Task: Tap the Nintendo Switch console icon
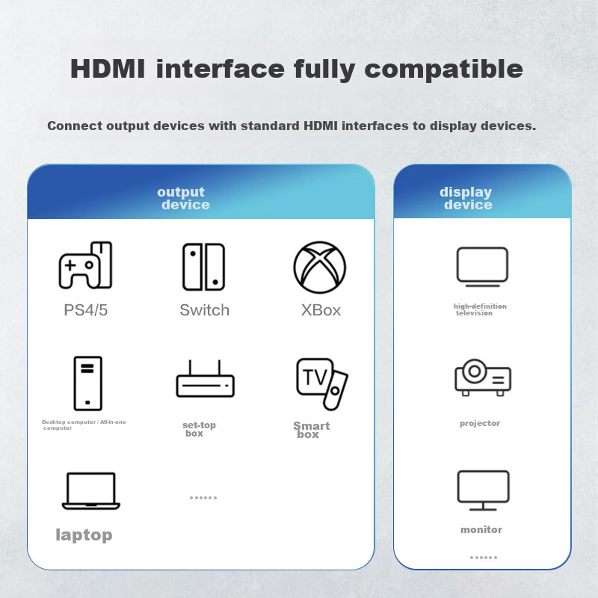pos(203,267)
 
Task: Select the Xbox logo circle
pos(320,268)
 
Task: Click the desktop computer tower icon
pos(87,383)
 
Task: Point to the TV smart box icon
pos(322,384)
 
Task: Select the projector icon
pos(483,377)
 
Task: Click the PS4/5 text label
pos(86,310)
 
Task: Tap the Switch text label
pos(204,310)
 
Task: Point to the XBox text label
pos(321,310)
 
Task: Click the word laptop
pos(84,535)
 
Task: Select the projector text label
pos(480,423)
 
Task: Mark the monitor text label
pos(481,529)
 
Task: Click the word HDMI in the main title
pos(108,69)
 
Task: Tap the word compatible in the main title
pos(443,70)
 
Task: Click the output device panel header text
pos(183,198)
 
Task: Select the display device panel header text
pos(466,198)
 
